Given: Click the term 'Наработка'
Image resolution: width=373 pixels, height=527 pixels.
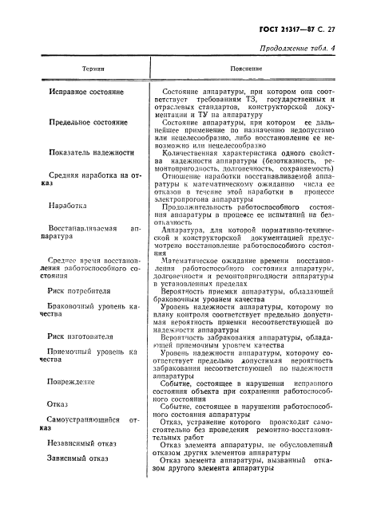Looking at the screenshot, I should click(67, 204).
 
